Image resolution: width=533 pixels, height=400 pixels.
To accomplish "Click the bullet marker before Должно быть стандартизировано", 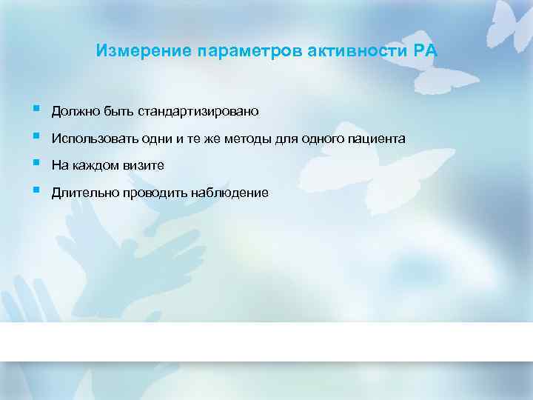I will coord(36,109).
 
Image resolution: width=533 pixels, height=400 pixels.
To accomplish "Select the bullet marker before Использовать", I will coord(36,136).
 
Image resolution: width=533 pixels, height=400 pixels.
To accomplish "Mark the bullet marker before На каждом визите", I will coord(36,163).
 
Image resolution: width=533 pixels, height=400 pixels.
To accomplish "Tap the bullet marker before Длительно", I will coord(36,190).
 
